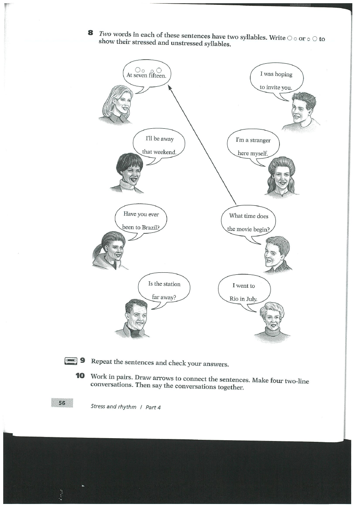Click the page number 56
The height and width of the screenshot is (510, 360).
click(x=62, y=403)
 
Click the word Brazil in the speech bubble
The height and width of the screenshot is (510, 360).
click(x=151, y=227)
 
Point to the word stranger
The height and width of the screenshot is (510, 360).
click(x=260, y=140)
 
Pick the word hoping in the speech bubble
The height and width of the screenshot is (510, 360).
click(x=284, y=74)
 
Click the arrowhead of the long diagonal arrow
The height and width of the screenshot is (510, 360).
click(x=170, y=86)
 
